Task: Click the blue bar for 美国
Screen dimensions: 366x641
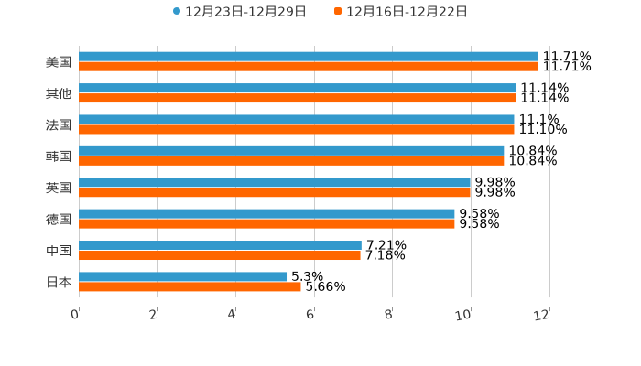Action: coord(308,57)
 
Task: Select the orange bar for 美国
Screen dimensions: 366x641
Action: coord(308,67)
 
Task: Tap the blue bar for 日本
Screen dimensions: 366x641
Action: coord(183,276)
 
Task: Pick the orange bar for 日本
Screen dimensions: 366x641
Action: coord(190,286)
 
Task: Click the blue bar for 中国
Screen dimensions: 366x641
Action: coord(220,245)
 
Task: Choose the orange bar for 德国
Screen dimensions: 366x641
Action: coord(266,223)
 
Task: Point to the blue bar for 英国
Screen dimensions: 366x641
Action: coord(275,182)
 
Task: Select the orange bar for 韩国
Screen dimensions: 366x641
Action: coord(291,161)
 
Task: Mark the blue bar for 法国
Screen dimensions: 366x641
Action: coord(297,119)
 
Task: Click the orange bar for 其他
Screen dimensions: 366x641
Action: coord(298,98)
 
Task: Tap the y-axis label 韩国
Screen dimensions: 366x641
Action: coord(59,156)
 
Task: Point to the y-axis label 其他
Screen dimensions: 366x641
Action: coord(59,93)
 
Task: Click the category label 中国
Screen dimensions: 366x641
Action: coord(59,251)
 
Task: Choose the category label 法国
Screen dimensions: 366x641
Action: coord(59,124)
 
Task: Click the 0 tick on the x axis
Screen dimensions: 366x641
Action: coord(75,316)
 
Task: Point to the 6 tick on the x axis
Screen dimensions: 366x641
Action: coord(310,316)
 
